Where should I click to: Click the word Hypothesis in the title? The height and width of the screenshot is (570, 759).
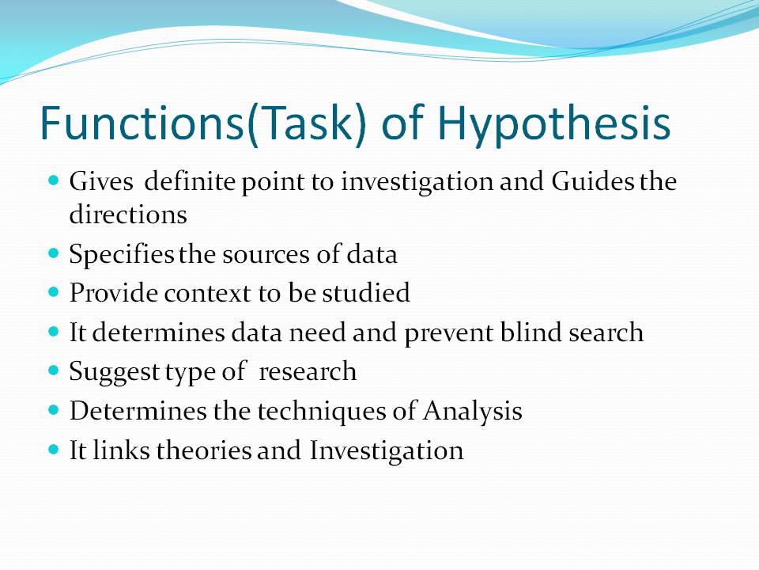point(554,125)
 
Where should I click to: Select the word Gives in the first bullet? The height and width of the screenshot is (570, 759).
point(100,183)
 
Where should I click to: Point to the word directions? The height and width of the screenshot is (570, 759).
point(128,214)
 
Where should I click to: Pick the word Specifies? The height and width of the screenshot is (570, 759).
point(122,255)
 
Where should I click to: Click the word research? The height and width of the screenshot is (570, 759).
point(308,372)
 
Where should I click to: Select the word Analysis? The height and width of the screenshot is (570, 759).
point(472,412)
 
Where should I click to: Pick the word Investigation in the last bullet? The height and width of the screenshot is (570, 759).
point(386,451)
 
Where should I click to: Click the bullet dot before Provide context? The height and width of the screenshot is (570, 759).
point(54,292)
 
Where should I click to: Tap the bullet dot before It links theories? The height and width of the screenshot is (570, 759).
point(54,449)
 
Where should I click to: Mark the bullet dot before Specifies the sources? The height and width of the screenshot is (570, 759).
point(54,253)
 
